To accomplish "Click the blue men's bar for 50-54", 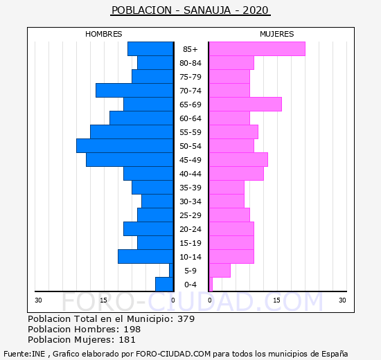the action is tap(125, 146).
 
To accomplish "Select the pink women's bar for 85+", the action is tap(257, 49).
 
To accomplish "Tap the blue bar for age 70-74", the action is tap(134, 91).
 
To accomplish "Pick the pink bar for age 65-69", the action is tap(246, 105).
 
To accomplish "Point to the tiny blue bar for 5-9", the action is tap(171, 271).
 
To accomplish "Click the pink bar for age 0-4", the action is tap(211, 285).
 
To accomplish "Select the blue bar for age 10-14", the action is tap(145, 257).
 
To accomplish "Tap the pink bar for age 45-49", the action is tap(238, 160).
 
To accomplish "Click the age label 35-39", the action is tap(190, 188).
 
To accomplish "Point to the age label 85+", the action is tap(190, 49).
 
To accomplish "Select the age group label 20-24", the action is tap(190, 229).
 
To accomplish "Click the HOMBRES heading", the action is tap(103, 34).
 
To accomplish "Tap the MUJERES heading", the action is tap(277, 34).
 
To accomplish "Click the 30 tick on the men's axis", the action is tap(38, 300).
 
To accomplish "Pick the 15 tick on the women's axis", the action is tap(276, 300).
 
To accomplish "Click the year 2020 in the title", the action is tap(256, 10).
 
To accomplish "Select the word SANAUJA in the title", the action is tap(207, 10).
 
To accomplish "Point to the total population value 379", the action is tap(186, 318).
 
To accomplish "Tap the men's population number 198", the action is tap(132, 329).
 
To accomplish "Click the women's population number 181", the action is tap(127, 340).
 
